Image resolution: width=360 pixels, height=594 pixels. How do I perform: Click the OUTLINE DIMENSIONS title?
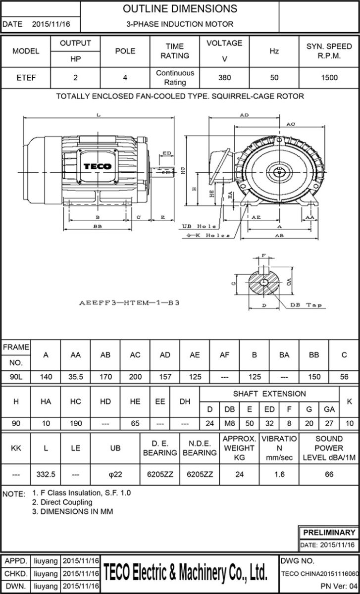click(180, 9)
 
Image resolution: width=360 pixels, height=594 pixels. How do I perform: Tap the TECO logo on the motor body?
click(97, 167)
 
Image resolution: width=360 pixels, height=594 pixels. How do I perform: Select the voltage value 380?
click(224, 78)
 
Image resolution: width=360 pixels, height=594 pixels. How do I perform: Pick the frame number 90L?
click(16, 377)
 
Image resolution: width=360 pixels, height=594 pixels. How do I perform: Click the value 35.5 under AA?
click(76, 377)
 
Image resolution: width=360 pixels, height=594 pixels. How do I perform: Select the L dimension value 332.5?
click(46, 474)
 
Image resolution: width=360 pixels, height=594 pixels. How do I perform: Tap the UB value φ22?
click(115, 474)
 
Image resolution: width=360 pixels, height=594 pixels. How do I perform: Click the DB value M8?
click(230, 424)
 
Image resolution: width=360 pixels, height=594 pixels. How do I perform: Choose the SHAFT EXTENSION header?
click(269, 394)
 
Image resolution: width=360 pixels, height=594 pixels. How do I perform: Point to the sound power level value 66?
click(329, 474)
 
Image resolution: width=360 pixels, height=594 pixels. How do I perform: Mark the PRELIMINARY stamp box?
click(329, 533)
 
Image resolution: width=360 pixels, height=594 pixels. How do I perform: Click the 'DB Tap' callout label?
click(306, 305)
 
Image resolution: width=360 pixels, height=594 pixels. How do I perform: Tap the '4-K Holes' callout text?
click(208, 235)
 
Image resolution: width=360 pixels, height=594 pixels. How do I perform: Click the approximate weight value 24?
click(239, 474)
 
